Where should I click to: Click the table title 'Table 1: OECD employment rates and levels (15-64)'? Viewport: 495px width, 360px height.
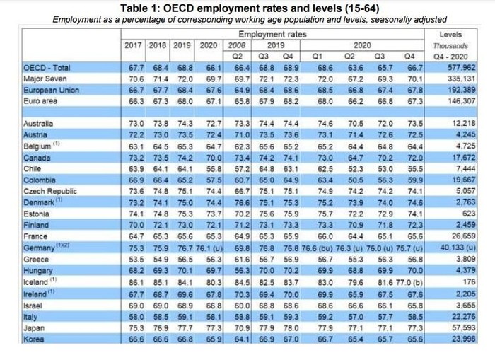pos(248,7)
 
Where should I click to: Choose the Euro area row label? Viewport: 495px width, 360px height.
pos(40,101)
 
